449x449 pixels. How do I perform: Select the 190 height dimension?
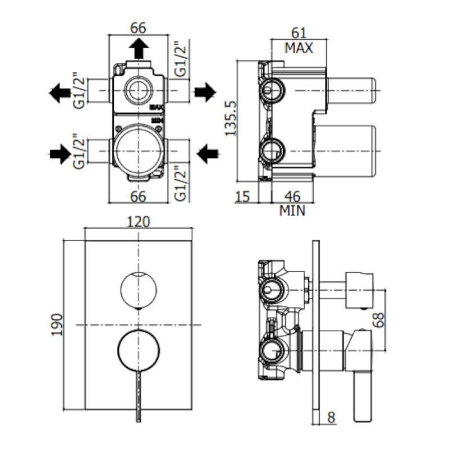pyautogui.click(x=57, y=325)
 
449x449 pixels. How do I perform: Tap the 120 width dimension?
pyautogui.click(x=139, y=222)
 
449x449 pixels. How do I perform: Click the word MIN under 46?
pyautogui.click(x=292, y=211)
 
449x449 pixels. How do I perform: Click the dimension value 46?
pyautogui.click(x=292, y=197)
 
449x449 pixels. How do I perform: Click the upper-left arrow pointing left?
pyautogui.click(x=60, y=92)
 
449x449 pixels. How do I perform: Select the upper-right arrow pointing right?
pyautogui.click(x=205, y=91)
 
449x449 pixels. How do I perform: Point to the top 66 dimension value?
pyautogui.click(x=138, y=28)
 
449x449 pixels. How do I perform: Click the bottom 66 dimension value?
pyautogui.click(x=138, y=196)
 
